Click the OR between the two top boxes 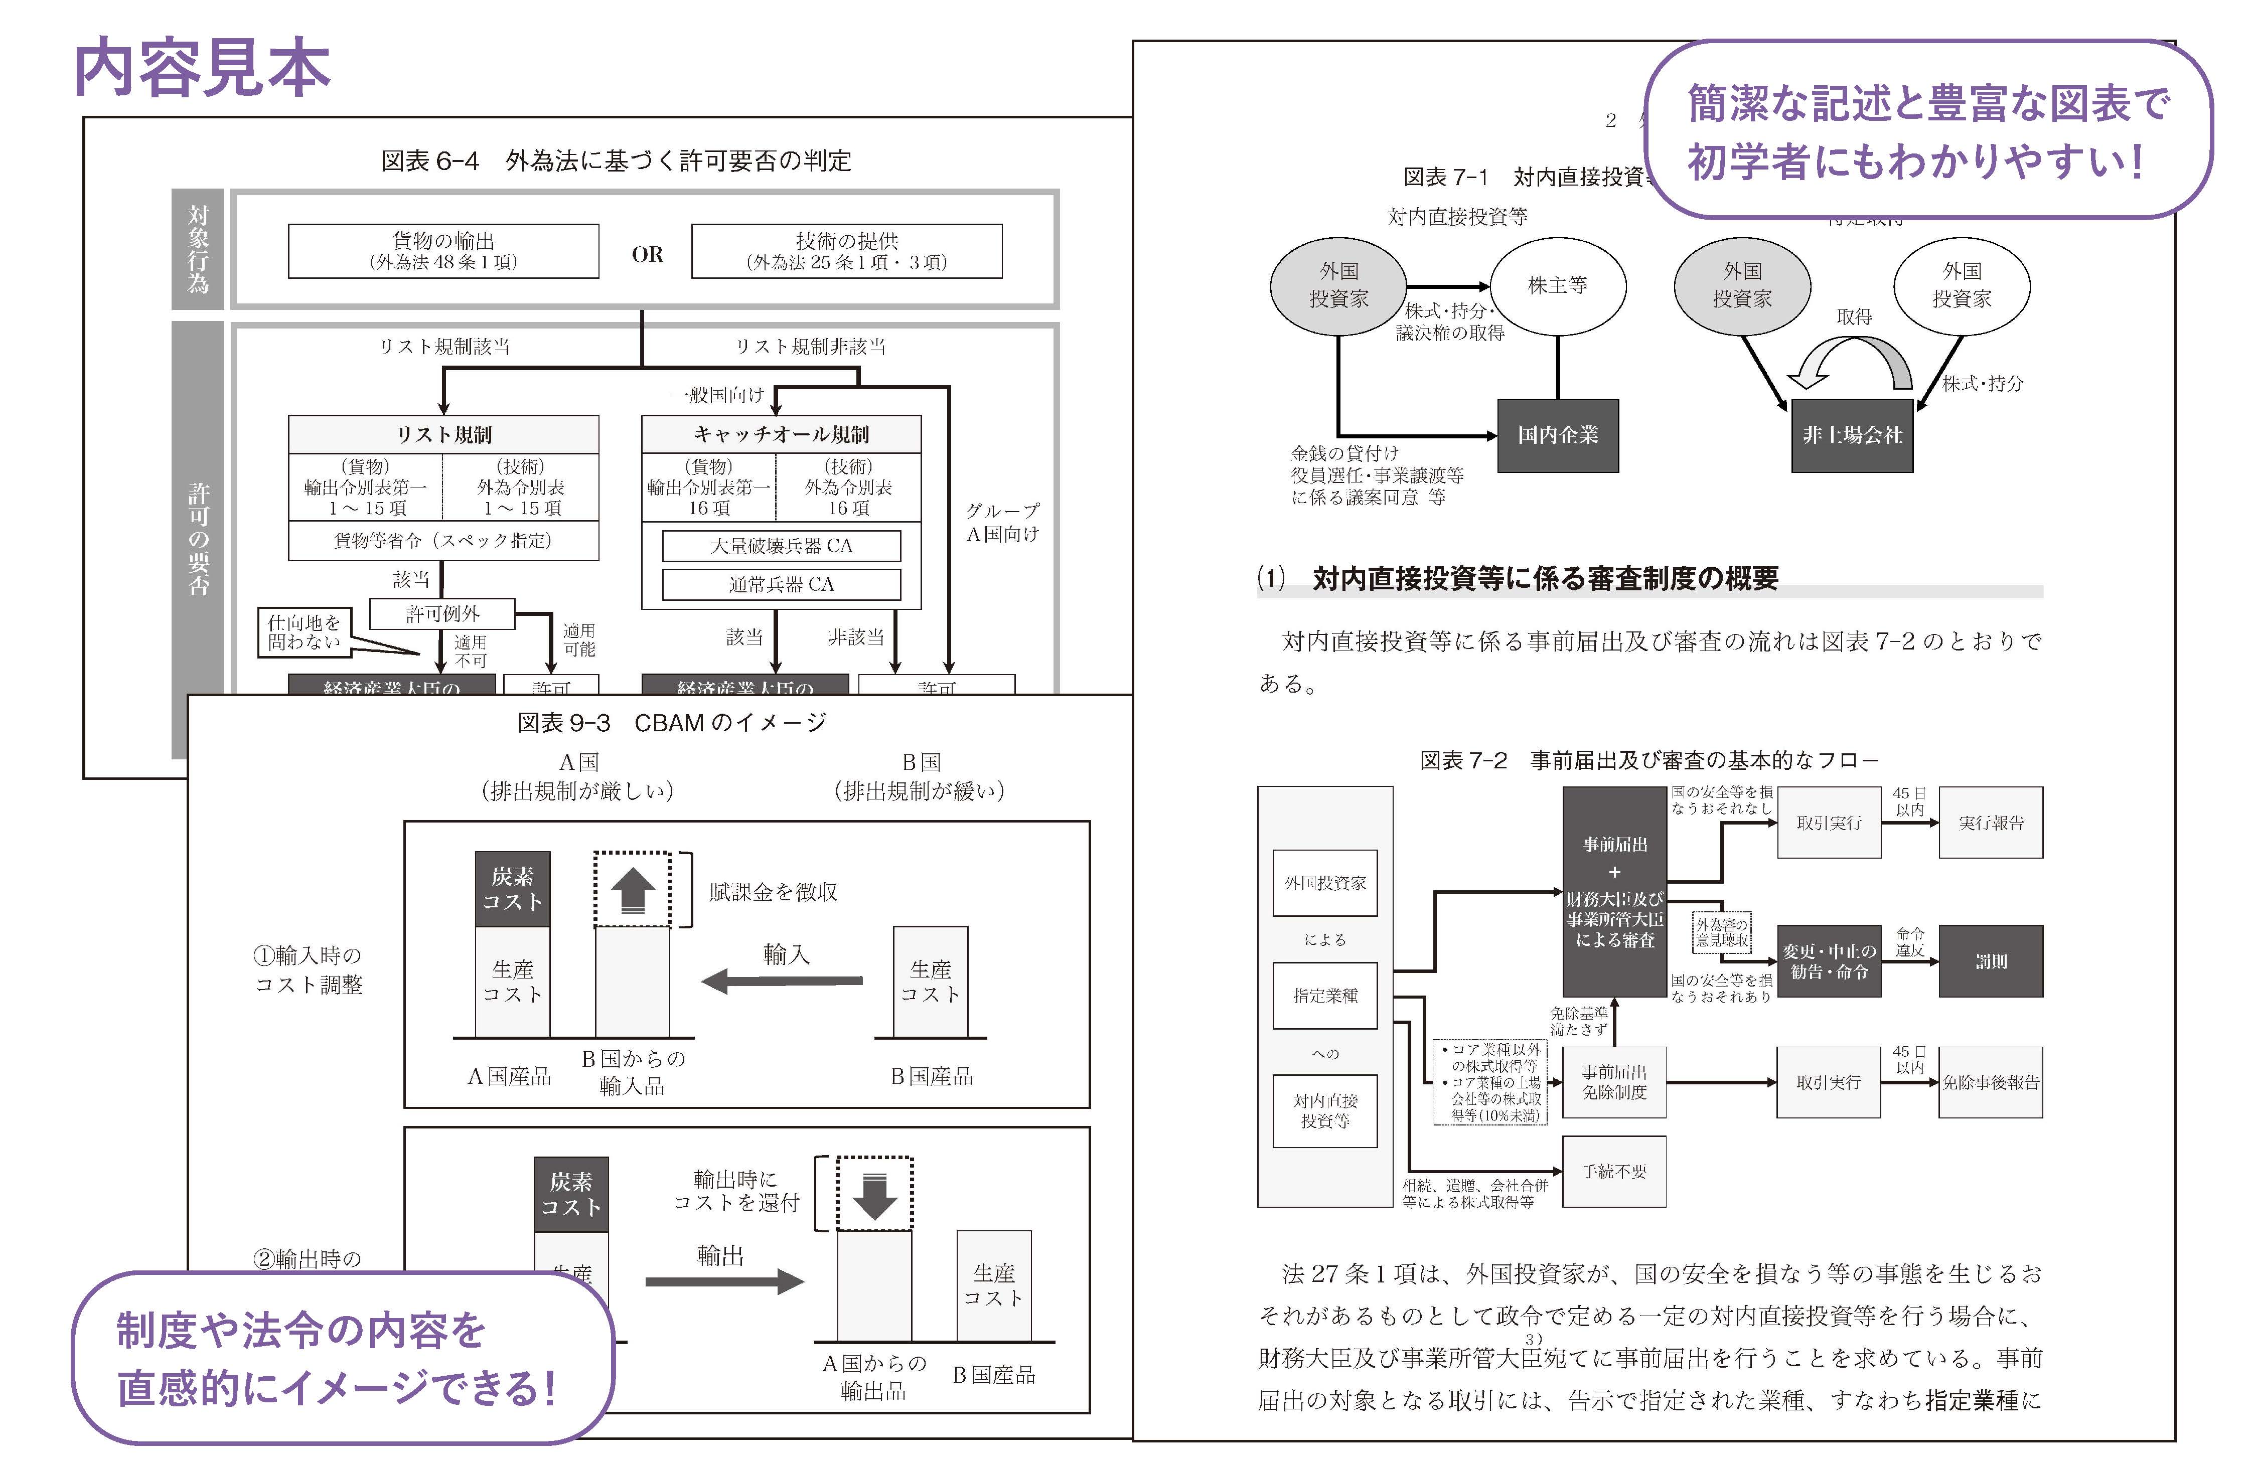pyautogui.click(x=648, y=254)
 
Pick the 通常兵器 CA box pyautogui.click(x=781, y=585)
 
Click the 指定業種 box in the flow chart pyautogui.click(x=1324, y=995)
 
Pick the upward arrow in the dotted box pyautogui.click(x=633, y=890)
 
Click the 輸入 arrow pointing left pyautogui.click(x=783, y=980)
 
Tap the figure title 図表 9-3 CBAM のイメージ pyautogui.click(x=671, y=723)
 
